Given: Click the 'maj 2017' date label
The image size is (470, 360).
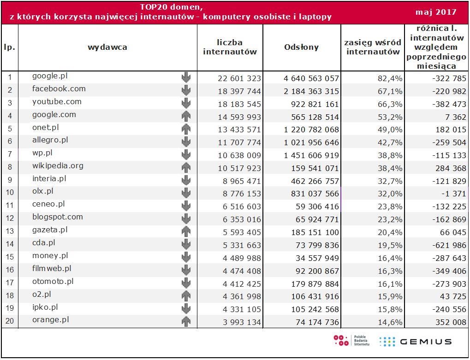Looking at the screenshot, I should coord(435,12).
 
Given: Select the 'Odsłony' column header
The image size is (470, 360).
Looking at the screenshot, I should coord(301,47).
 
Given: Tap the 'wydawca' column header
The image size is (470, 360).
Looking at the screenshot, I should coord(107,47).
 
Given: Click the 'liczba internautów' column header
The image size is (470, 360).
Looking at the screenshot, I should coord(230,47).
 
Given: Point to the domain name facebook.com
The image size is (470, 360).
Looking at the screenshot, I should coord(59,89).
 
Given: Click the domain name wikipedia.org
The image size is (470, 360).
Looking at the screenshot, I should coord(58,166).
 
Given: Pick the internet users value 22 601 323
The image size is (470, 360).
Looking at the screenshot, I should coord(239,78).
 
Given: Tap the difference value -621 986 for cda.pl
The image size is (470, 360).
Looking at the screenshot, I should coord(443,245).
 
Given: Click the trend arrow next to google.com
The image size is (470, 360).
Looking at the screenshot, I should coord(186,116).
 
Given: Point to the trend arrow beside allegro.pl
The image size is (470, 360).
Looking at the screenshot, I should coord(186,142).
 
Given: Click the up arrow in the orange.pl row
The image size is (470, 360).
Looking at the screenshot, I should coord(186,322).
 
